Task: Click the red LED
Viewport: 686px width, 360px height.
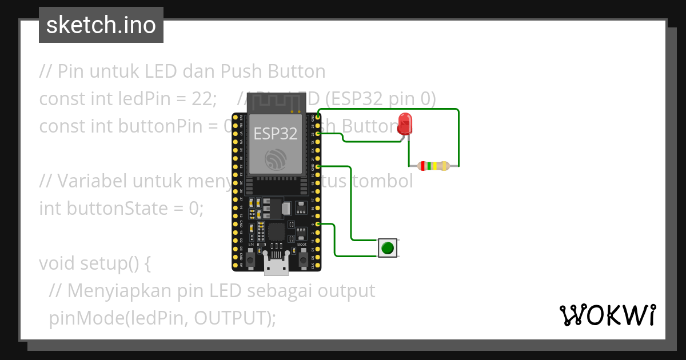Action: tap(405, 124)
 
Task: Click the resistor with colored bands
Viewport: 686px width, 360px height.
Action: tap(434, 166)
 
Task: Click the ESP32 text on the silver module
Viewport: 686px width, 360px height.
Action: tap(276, 134)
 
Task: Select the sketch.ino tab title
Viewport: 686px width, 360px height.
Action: tap(101, 25)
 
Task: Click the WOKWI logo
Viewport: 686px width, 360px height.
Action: tap(607, 315)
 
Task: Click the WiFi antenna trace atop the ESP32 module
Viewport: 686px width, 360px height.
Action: tap(276, 102)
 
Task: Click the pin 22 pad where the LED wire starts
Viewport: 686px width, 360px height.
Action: tap(318, 133)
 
